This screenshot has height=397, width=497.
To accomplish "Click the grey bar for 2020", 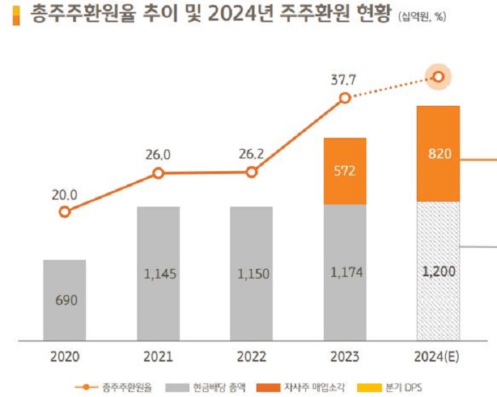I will coord(65,300).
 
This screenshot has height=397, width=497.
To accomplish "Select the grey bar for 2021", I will coord(158,273).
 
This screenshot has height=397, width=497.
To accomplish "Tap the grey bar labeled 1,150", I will coord(251,273).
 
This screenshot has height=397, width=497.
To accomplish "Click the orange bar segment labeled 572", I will coord(345,171).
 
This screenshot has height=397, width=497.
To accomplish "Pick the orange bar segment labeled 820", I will coord(439,153).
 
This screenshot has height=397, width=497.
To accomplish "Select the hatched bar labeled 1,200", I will coord(439,271).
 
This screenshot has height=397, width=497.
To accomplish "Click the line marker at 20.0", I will coord(65,212).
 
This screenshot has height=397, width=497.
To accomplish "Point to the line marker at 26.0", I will coord(158,173).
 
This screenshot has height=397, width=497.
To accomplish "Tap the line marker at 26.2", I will coord(251,172).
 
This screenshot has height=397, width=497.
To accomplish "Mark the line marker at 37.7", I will coord(345,98).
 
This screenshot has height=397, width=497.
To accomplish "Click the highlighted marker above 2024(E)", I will coord(439,77).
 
